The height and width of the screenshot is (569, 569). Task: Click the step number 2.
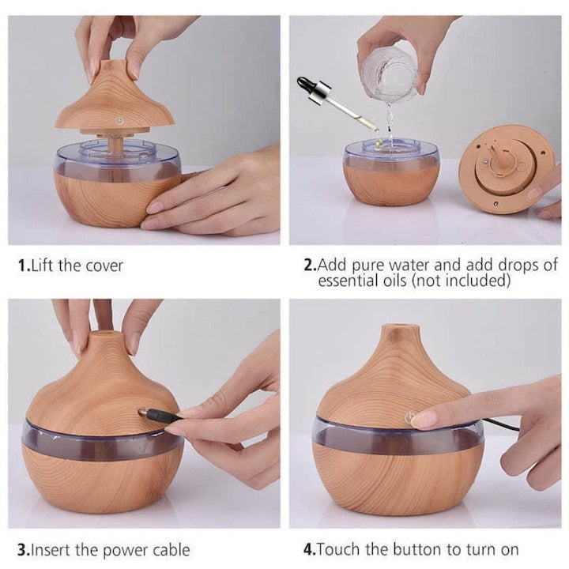pyautogui.click(x=310, y=265)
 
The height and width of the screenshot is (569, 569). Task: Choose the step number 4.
pyautogui.click(x=310, y=549)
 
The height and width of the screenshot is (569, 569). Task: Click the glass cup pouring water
pyautogui.click(x=391, y=73)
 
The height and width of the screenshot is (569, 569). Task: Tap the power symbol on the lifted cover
pyautogui.click(x=119, y=121)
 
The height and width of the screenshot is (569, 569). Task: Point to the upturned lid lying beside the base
pyautogui.click(x=507, y=169)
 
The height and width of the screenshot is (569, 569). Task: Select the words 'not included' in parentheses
pyautogui.click(x=462, y=281)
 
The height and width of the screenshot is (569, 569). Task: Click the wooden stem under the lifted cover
pyautogui.click(x=116, y=143)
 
